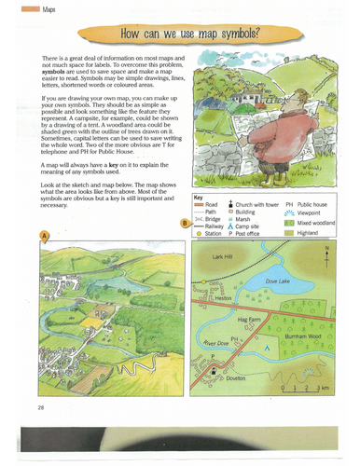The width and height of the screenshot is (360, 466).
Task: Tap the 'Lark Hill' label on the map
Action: click(x=221, y=256)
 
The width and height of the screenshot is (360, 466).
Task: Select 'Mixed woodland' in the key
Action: click(x=323, y=224)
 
